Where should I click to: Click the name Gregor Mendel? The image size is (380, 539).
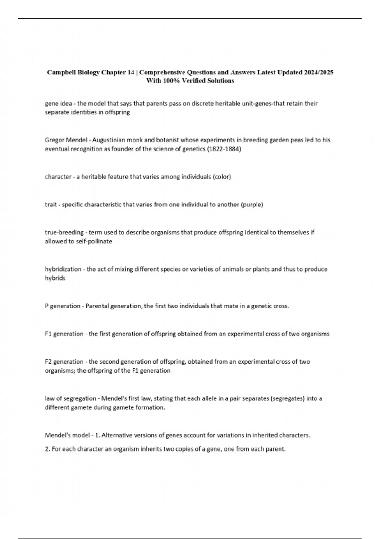click(x=66, y=140)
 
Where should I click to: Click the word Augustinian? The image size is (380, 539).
click(x=109, y=140)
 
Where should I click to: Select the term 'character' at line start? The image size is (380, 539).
click(x=58, y=177)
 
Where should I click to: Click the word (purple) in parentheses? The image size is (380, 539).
click(x=252, y=205)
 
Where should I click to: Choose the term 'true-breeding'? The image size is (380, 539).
click(x=64, y=232)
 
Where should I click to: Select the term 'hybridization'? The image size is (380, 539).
click(x=63, y=269)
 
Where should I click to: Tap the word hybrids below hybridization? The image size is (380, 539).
click(x=55, y=278)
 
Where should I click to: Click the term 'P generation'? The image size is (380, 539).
click(x=62, y=306)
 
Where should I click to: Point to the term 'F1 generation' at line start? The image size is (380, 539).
click(x=64, y=334)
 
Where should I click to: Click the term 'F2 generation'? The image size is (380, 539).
click(x=64, y=362)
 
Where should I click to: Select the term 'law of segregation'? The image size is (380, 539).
click(x=70, y=399)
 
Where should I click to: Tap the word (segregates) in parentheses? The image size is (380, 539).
click(x=288, y=399)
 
